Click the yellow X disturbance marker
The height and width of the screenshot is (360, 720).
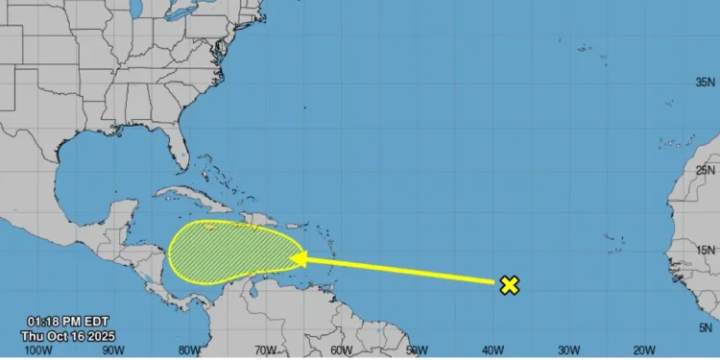(511, 284)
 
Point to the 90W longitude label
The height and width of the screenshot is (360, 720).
(114, 349)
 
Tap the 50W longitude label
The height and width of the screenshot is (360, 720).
(418, 349)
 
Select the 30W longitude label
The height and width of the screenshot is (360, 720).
(569, 349)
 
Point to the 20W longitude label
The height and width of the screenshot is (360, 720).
(645, 349)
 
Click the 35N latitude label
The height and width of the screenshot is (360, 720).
(706, 84)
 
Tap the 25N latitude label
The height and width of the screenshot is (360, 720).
(706, 170)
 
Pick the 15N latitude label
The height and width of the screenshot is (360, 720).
(706, 251)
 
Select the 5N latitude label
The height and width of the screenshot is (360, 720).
(708, 328)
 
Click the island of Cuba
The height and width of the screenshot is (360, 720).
(192, 198)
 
